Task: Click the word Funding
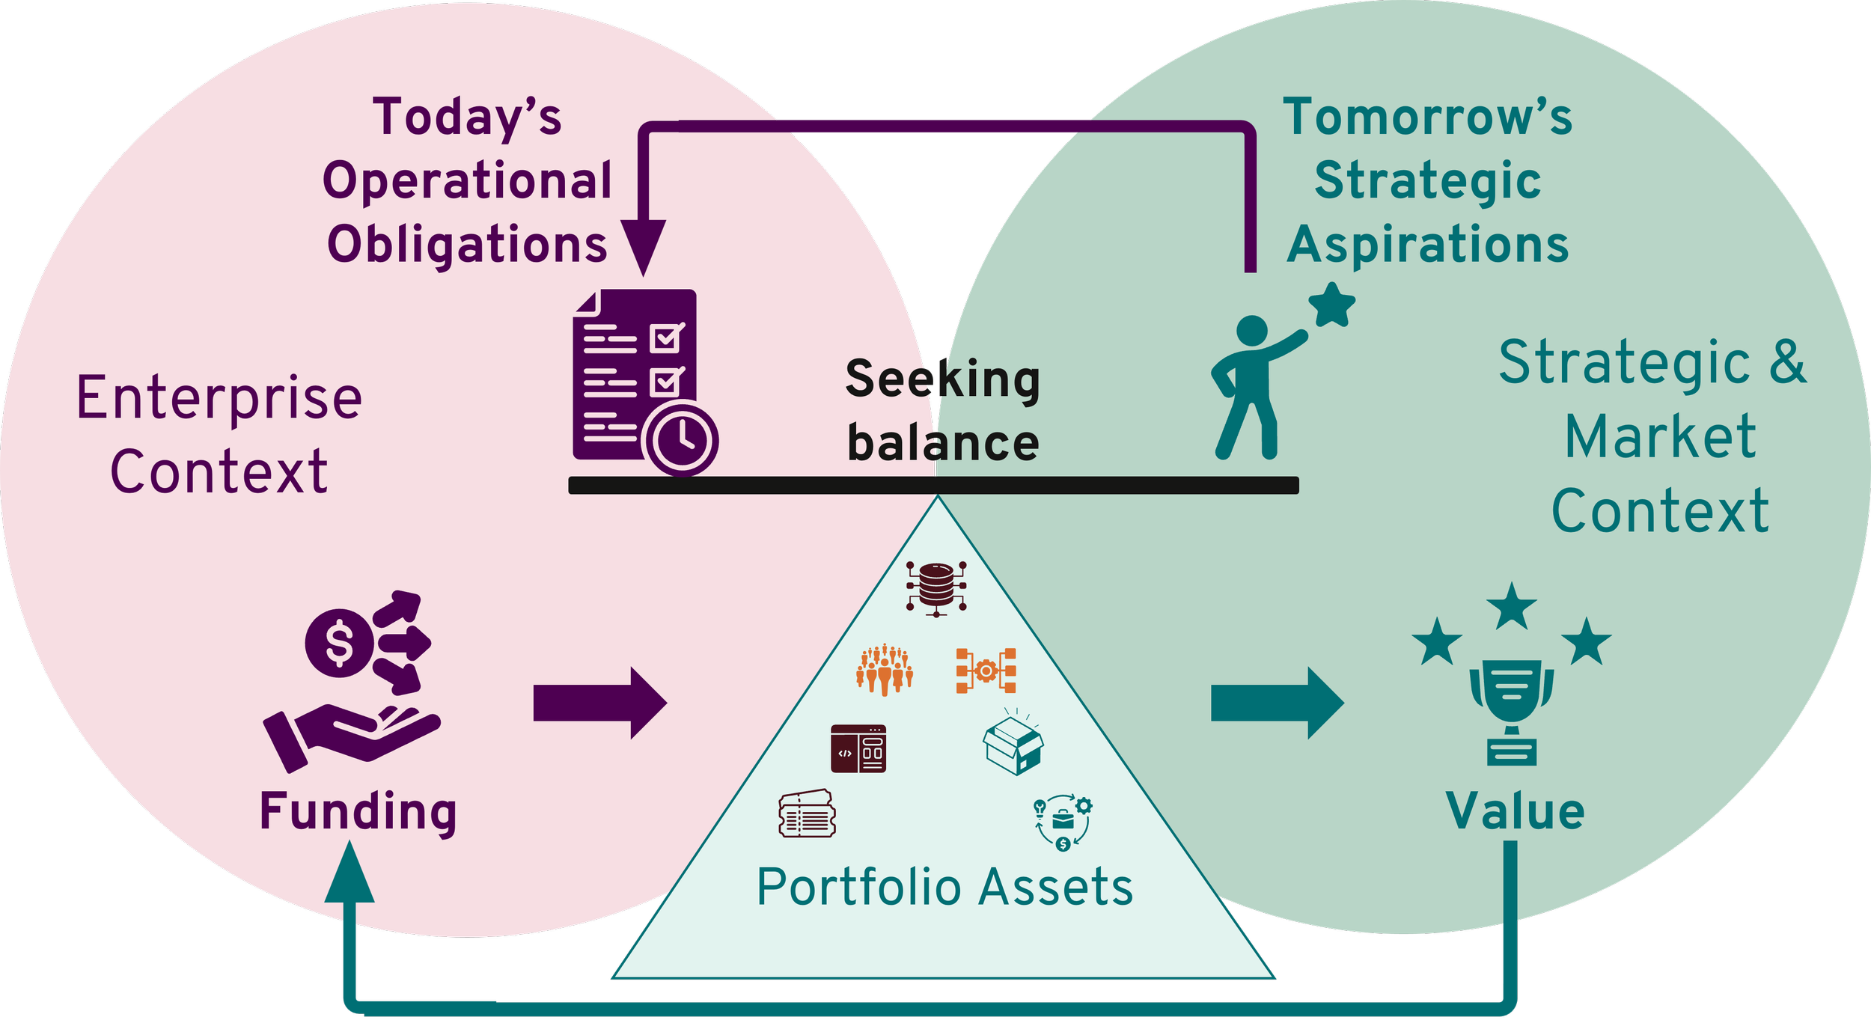tap(358, 812)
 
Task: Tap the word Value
tap(1515, 811)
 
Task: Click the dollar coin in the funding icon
tap(339, 643)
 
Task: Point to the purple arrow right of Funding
tap(599, 703)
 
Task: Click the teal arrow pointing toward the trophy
tap(1277, 703)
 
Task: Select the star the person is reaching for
tap(1331, 305)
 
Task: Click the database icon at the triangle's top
tap(936, 587)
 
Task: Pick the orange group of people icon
tap(885, 669)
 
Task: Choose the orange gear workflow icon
tap(986, 671)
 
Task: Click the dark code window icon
tap(858, 748)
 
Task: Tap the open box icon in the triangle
tap(1013, 745)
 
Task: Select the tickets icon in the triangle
tap(807, 814)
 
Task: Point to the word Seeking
tap(942, 379)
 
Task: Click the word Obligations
tap(467, 245)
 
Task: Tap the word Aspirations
tap(1428, 245)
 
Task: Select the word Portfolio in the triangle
tap(858, 888)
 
